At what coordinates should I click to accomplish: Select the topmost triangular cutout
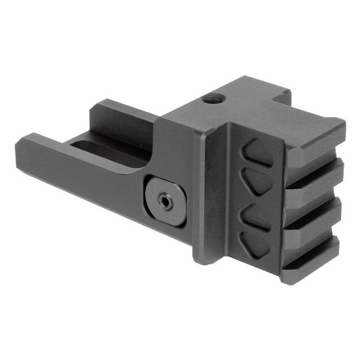pos(257,153)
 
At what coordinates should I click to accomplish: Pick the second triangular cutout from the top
pos(258,181)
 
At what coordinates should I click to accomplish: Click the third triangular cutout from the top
pos(257,215)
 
